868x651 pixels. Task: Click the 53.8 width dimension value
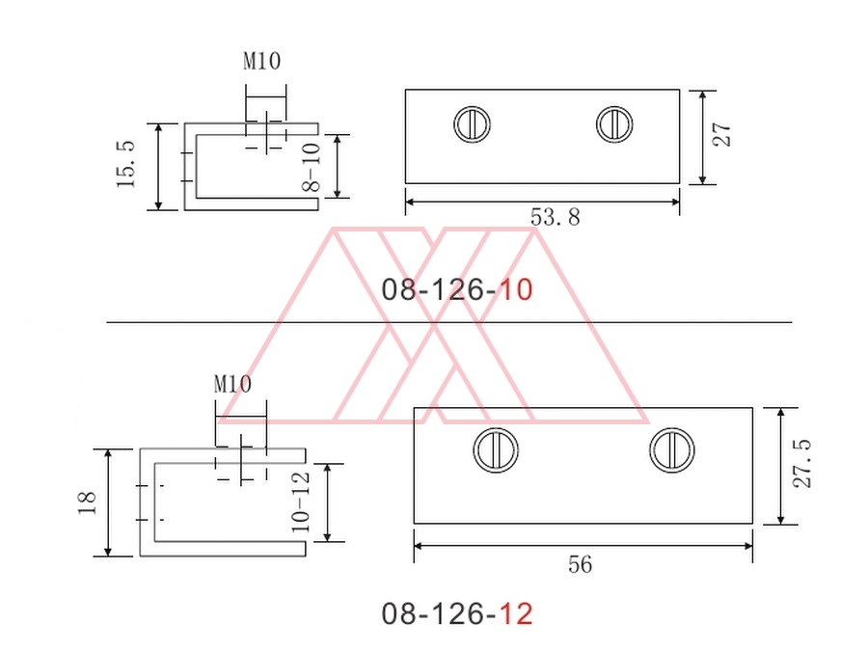click(556, 217)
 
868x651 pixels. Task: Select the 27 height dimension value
click(721, 134)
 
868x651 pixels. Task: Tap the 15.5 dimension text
click(125, 164)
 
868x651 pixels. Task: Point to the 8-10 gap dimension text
click(312, 167)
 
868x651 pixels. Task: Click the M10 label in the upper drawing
click(261, 61)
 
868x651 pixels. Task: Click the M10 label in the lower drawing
click(232, 384)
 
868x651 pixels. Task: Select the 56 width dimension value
click(581, 564)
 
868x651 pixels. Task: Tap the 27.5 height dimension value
click(802, 463)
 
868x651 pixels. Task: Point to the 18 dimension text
click(88, 503)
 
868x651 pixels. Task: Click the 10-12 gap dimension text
click(301, 502)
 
